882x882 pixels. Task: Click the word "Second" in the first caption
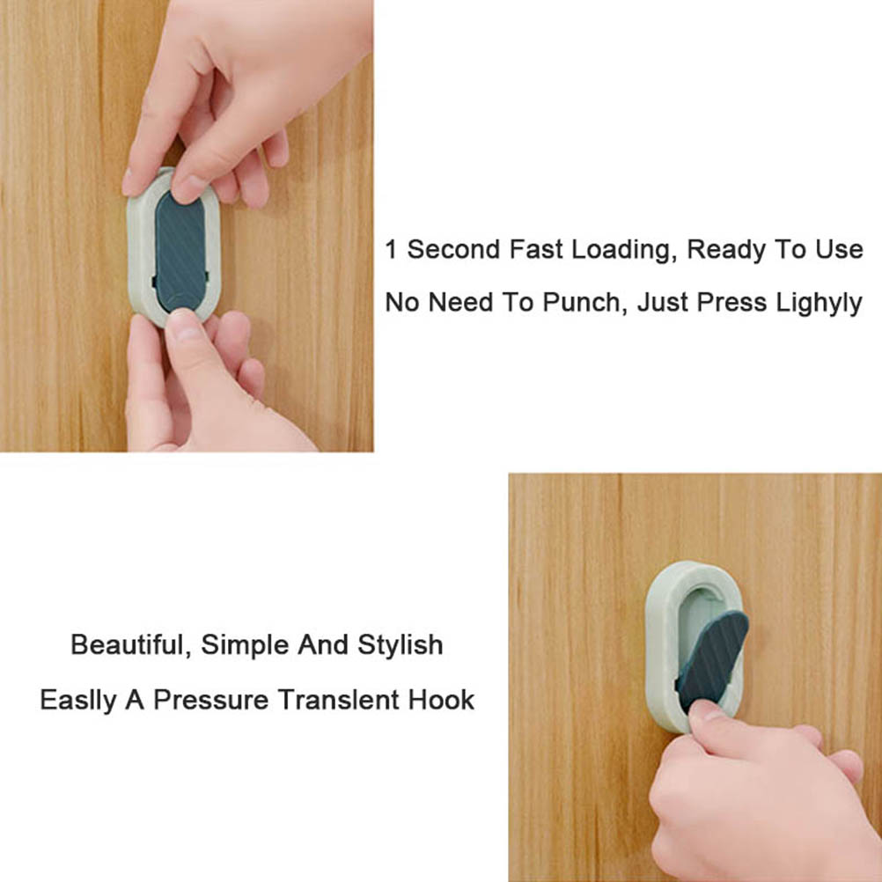point(453,249)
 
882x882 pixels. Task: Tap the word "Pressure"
point(211,701)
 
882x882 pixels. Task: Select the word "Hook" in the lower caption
point(442,701)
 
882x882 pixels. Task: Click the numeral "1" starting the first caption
point(391,249)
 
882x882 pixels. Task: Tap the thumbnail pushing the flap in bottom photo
point(705,711)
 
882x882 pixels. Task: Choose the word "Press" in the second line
point(731,303)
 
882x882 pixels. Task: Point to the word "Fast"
point(536,249)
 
